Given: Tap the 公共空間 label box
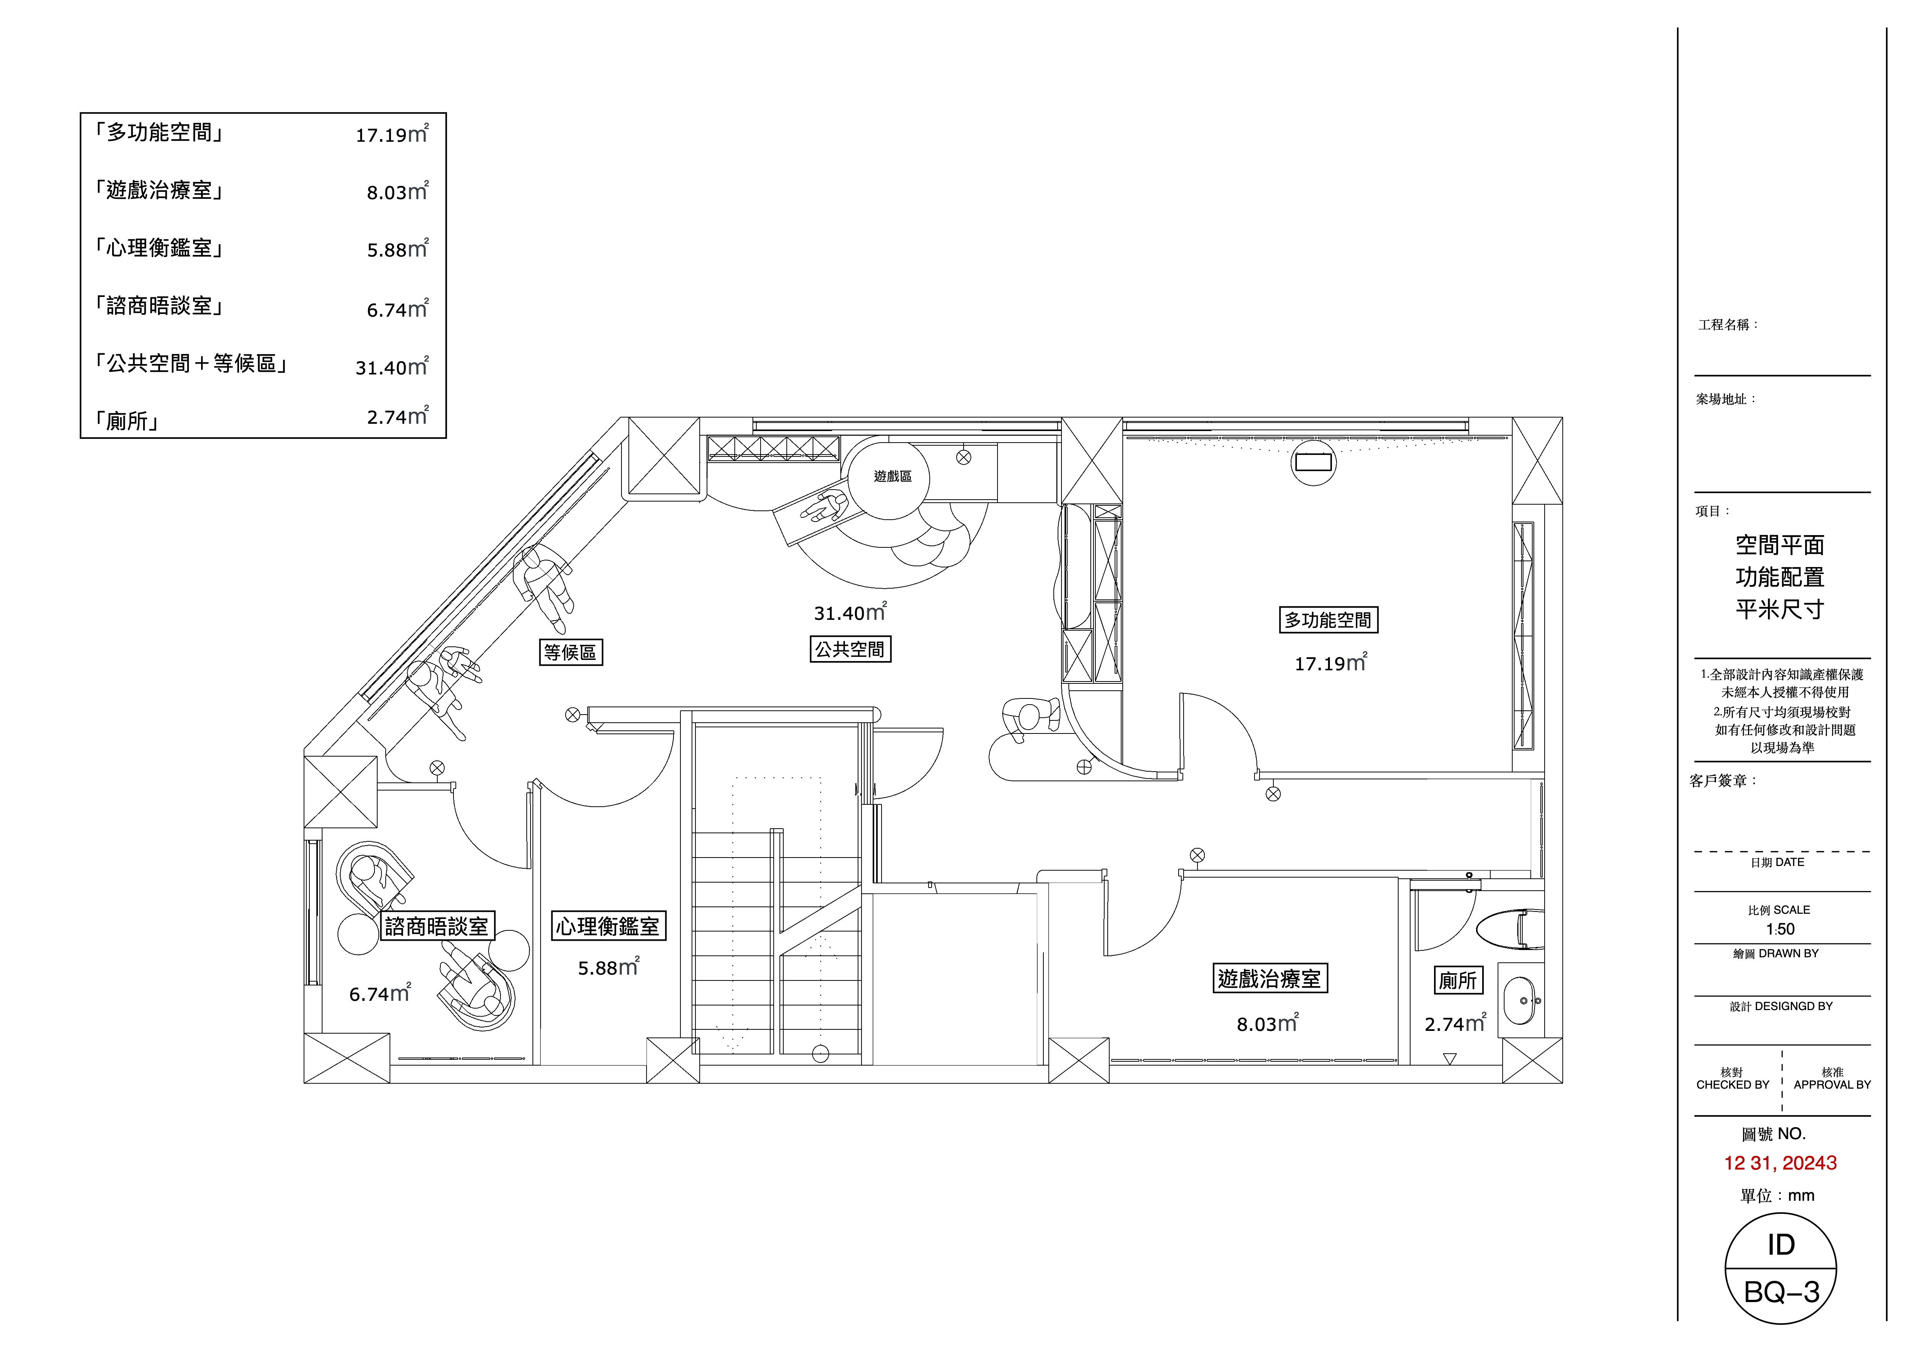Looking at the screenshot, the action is click(850, 649).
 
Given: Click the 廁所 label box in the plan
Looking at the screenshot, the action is click(1458, 980).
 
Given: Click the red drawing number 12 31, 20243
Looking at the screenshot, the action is click(1780, 1163).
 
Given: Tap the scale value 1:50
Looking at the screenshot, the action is click(1780, 929).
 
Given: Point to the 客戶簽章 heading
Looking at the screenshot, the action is click(1723, 781).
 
